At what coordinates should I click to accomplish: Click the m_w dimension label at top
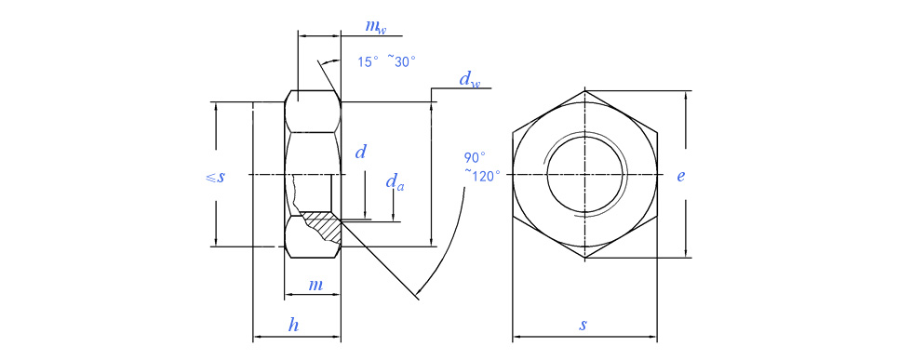[375, 27]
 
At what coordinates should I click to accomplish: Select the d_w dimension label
[470, 80]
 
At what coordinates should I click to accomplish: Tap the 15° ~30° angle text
[386, 61]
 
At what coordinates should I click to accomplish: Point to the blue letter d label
[361, 153]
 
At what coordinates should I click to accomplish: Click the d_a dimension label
[395, 182]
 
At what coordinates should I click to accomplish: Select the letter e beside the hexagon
[680, 176]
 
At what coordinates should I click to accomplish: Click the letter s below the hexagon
[583, 325]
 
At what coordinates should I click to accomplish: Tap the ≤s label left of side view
[215, 177]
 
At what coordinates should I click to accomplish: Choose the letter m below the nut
[315, 285]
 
